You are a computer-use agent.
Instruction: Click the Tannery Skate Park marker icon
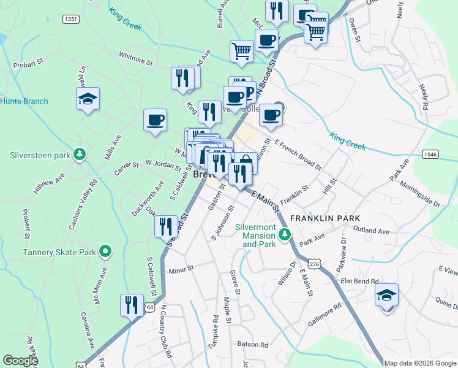point(105,251)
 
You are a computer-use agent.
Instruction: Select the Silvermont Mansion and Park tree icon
point(284,234)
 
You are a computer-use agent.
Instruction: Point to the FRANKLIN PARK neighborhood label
point(325,218)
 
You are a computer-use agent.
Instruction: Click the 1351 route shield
point(71,20)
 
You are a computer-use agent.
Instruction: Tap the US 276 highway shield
point(315,263)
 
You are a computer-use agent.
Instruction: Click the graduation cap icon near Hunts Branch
point(88,98)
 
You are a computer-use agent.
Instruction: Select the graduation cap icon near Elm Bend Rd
point(386,295)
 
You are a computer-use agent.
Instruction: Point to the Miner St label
point(181,269)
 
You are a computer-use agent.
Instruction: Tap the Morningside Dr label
point(419,193)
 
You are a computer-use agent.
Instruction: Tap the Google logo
point(20,361)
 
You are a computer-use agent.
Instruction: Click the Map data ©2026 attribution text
point(420,363)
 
